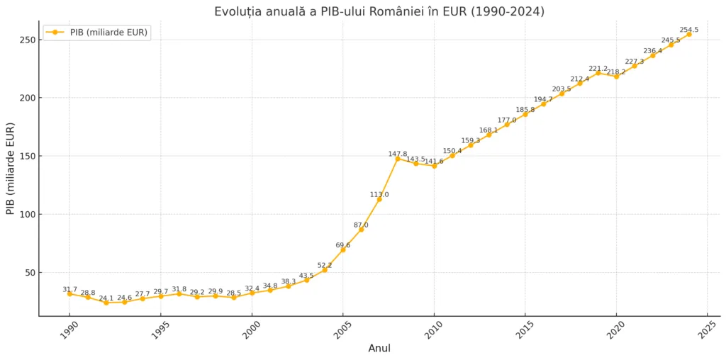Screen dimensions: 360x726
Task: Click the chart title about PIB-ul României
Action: [x=379, y=11]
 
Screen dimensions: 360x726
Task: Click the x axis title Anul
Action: [x=379, y=349]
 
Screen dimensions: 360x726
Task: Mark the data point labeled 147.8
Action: [x=398, y=159]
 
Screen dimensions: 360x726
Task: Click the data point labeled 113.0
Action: [x=379, y=199]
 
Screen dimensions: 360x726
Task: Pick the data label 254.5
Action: [x=689, y=30]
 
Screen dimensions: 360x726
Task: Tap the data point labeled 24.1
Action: [x=106, y=303]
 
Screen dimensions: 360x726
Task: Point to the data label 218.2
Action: [x=616, y=72]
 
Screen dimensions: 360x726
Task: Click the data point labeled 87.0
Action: [x=361, y=230]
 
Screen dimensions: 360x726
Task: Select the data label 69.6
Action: [x=343, y=245]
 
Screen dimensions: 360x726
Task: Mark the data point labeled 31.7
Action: [x=69, y=294]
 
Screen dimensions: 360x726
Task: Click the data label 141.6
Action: [x=434, y=162]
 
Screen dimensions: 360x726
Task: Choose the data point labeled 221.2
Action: [x=598, y=73]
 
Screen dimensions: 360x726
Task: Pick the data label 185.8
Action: [x=525, y=110]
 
